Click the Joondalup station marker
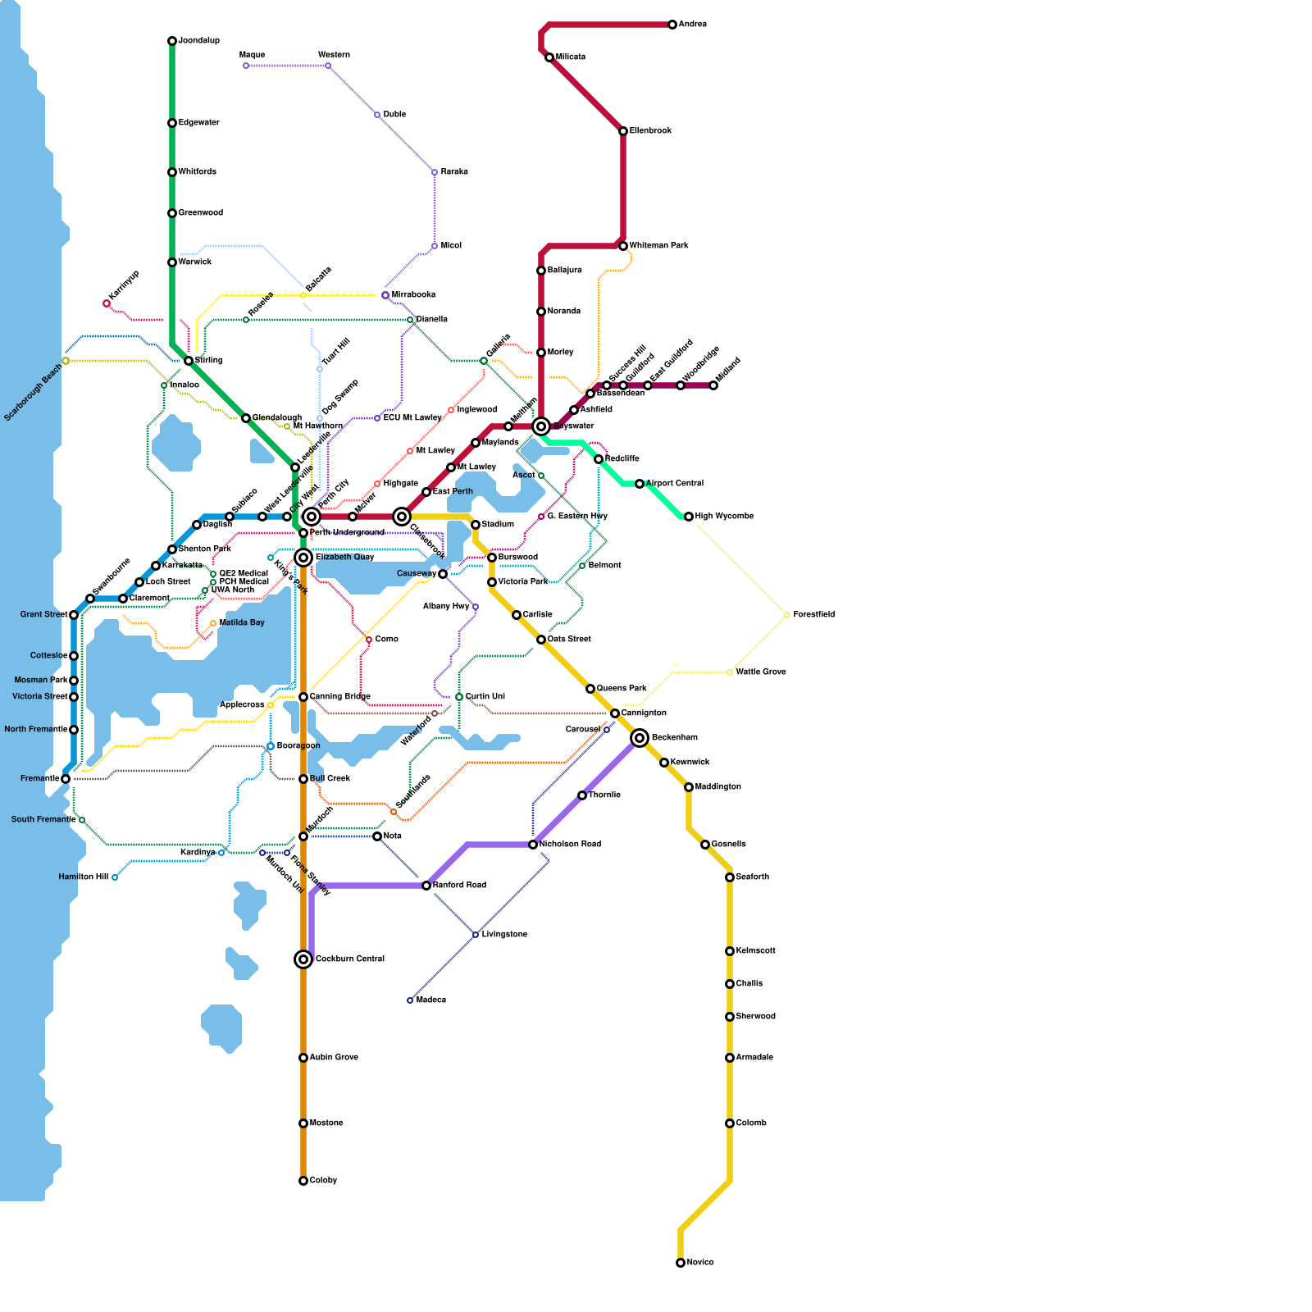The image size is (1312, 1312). click(x=172, y=41)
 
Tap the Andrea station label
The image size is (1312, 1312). click(x=692, y=25)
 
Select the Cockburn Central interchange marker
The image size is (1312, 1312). click(x=303, y=959)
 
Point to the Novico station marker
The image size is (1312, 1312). click(x=681, y=1263)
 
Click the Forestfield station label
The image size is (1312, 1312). click(x=813, y=615)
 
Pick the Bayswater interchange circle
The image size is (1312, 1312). click(x=541, y=426)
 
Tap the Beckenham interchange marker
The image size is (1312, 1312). click(x=640, y=738)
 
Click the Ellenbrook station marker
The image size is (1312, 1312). click(x=623, y=131)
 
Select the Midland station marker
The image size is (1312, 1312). click(x=713, y=385)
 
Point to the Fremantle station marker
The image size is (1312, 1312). click(x=66, y=779)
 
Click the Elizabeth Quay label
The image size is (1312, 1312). click(x=344, y=558)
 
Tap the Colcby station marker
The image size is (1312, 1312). click(x=303, y=1181)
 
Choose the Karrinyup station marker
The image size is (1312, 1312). click(x=107, y=303)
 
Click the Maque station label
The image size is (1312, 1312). click(x=252, y=55)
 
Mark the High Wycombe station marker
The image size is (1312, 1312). click(x=689, y=517)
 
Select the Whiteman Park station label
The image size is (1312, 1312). click(x=658, y=246)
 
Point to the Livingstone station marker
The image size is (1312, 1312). click(x=476, y=935)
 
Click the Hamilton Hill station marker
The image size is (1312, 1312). click(x=115, y=877)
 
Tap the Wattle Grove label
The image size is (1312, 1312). click(x=760, y=672)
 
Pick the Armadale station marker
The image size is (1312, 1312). click(x=730, y=1058)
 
